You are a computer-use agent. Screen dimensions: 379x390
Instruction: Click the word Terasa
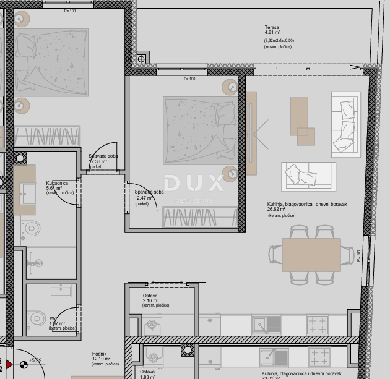coord(271,28)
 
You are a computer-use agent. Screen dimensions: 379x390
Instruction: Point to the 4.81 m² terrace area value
coord(272,34)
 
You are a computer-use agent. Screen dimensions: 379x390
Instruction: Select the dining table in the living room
coord(311,255)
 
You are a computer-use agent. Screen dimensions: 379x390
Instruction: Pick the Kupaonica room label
coord(57,183)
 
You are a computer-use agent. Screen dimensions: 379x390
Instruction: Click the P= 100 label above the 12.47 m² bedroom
coord(189,79)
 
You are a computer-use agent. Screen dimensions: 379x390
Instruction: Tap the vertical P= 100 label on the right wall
coord(358,255)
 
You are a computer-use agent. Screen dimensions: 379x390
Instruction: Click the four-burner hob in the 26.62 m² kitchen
coord(318,324)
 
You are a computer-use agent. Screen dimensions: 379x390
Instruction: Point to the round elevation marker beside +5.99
coord(24,364)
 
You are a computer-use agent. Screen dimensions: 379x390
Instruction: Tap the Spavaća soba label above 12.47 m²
coord(149,192)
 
